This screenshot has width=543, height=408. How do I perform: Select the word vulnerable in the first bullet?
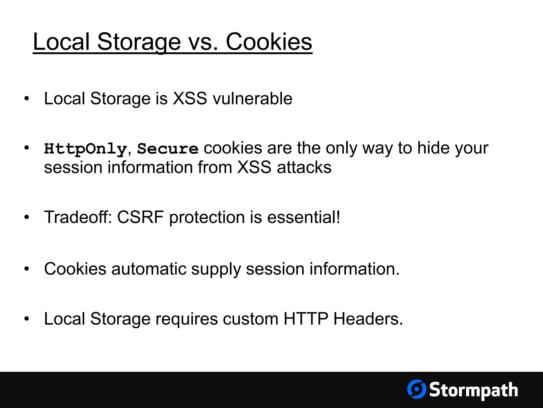pos(252,99)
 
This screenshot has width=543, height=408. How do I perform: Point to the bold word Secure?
pos(168,149)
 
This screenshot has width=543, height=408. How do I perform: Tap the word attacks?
pos(304,168)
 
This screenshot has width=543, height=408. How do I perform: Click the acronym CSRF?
pos(140,217)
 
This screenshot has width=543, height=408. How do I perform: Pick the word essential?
pos(304,217)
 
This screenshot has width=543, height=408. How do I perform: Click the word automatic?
pos(149,269)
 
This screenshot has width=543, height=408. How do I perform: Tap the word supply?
pos(216,269)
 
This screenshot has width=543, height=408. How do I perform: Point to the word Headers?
pos(368,319)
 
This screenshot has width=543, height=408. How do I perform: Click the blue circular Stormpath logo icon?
pos(417,389)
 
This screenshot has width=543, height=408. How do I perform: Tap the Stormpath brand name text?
pos(474,390)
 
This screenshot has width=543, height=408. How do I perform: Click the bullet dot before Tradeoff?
pos(26,217)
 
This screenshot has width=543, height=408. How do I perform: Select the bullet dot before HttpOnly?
pos(26,148)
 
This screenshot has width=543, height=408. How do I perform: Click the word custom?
pos(251,319)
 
